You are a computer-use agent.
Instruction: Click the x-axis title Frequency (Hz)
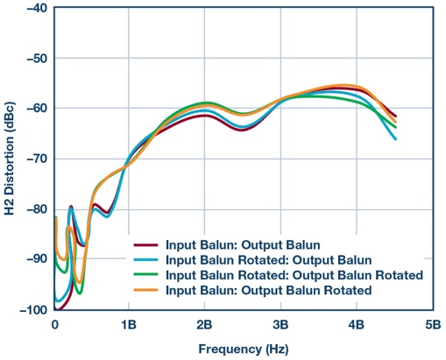pos(243,347)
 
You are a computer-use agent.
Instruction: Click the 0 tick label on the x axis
pos(54,324)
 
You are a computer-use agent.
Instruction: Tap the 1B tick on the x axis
pos(129,324)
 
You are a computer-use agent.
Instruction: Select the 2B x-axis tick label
pos(205,324)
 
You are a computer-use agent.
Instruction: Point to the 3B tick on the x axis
pos(280,324)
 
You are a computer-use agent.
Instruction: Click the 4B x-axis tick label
pos(356,324)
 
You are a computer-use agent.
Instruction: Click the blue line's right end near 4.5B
pos(395,138)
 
